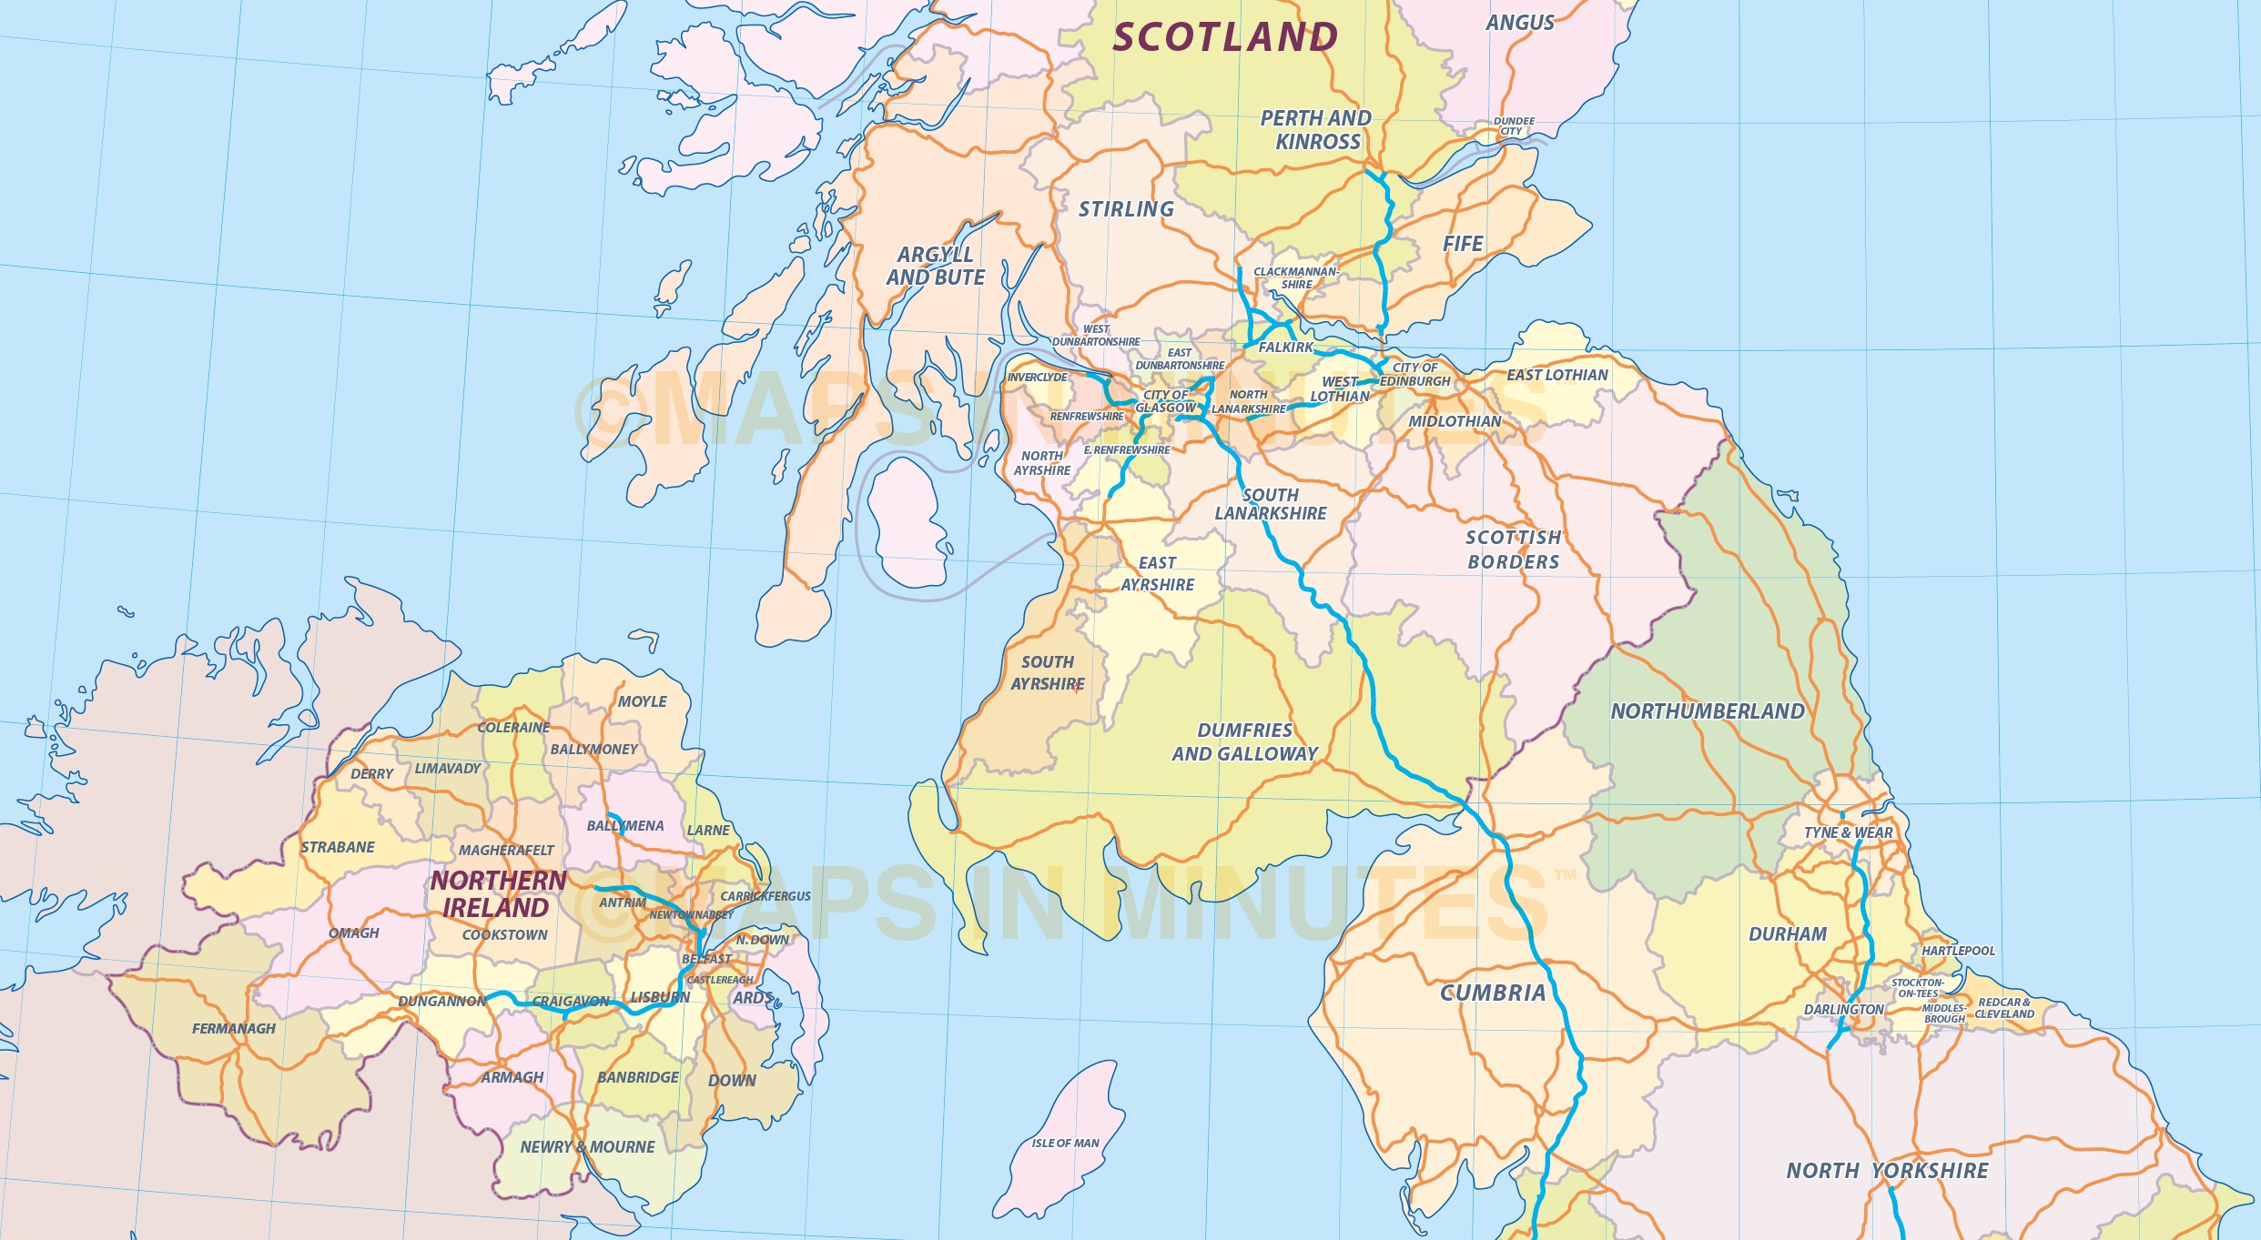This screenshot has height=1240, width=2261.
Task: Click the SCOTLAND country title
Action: (1225, 37)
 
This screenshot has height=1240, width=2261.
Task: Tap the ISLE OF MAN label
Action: (1065, 1143)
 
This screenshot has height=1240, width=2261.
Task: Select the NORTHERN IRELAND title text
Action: (498, 894)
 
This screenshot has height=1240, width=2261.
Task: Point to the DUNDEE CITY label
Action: (1513, 126)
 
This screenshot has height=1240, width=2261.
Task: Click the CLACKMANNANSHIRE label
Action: (1296, 278)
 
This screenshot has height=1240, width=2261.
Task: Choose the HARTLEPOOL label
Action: (1958, 951)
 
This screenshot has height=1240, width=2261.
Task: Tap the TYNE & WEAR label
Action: (1848, 832)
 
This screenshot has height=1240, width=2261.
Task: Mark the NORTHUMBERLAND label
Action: (1708, 711)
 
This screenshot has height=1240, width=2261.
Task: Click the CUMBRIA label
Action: (1493, 993)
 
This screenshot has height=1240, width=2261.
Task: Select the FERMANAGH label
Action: (234, 1029)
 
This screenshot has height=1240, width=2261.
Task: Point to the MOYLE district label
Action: (643, 701)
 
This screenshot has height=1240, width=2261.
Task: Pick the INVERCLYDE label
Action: (1037, 378)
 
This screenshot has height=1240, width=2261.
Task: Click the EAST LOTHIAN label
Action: (1557, 375)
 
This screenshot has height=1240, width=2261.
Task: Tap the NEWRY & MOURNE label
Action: (587, 1147)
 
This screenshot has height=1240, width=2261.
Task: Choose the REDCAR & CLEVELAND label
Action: (2004, 1008)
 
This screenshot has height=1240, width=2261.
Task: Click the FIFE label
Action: (1463, 244)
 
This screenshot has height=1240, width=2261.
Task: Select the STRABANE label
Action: (338, 847)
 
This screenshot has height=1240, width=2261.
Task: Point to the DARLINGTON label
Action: (1844, 1010)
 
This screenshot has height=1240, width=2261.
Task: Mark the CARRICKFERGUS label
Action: (765, 896)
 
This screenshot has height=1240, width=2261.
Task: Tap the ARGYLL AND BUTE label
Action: (936, 267)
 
